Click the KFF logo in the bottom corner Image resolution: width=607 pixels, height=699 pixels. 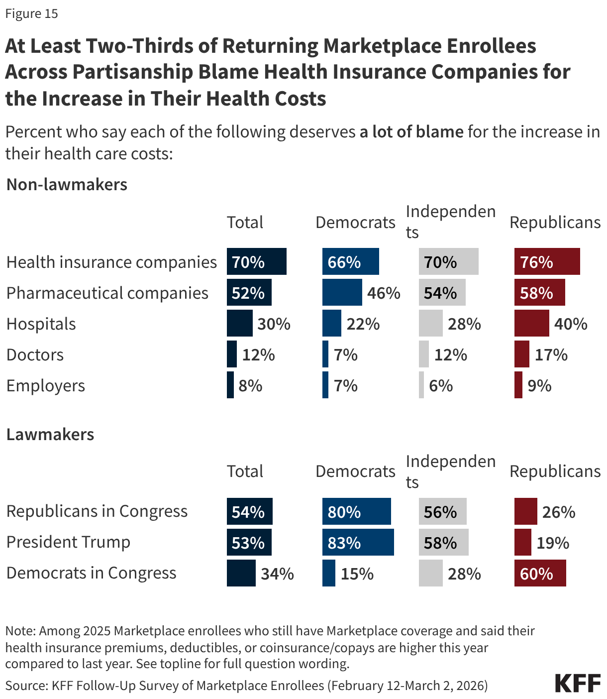578,683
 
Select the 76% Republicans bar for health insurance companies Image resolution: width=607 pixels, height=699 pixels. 547,261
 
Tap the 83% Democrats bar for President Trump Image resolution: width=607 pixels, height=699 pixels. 358,542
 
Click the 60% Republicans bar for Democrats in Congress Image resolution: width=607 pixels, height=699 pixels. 540,573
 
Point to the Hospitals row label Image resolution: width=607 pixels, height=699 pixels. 41,324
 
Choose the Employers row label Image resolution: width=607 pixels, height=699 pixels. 46,386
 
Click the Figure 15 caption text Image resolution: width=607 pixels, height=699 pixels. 32,13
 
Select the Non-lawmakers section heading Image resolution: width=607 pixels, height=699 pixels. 67,185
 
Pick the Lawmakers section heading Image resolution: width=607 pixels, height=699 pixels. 50,435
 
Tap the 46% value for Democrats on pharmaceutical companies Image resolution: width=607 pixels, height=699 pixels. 384,293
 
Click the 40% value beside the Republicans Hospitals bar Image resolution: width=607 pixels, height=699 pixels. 571,324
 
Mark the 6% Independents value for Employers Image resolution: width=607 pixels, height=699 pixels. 441,386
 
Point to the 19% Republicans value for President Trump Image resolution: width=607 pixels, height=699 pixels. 553,543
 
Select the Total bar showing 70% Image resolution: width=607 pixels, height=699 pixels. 256,261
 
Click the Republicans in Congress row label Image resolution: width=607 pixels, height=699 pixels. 97,511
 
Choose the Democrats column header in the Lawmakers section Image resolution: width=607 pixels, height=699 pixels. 355,471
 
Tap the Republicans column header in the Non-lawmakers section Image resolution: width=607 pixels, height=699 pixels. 555,223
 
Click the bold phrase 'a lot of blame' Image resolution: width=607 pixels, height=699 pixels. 411,132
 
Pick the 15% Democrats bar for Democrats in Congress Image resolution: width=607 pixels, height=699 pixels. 328,573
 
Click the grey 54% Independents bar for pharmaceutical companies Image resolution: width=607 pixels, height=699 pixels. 442,292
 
